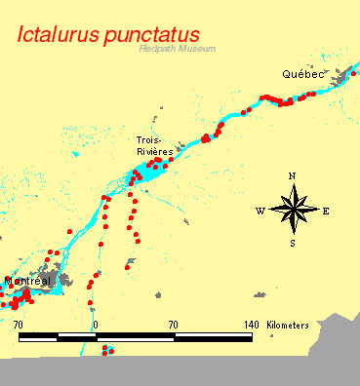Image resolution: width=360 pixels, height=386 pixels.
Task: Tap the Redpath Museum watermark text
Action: coord(177,49)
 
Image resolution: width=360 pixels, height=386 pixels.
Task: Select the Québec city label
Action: coord(302,74)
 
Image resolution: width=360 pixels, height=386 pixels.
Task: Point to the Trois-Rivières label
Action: coord(155,146)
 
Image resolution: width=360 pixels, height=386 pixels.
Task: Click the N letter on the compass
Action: coord(292,176)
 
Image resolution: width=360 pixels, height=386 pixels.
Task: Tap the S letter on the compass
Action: coord(293,243)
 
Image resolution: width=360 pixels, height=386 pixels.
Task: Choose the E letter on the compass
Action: coord(326,211)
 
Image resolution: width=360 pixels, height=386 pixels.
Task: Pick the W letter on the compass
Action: coord(260,211)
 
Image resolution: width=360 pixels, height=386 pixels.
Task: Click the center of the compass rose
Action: coord(293,210)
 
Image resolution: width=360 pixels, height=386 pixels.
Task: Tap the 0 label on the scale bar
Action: coord(96,324)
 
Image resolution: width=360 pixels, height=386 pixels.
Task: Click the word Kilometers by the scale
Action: coord(288,324)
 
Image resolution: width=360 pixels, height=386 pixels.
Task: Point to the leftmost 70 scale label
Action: coord(19,324)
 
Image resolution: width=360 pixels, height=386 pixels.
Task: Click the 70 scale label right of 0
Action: coord(173,324)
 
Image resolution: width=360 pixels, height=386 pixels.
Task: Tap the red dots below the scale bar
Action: coord(107,350)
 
